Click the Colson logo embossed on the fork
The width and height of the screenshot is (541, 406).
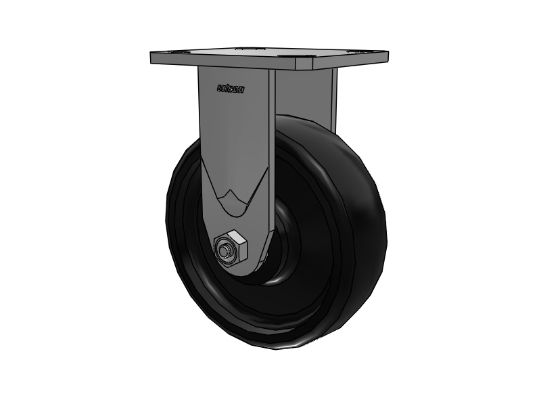pyautogui.click(x=230, y=88)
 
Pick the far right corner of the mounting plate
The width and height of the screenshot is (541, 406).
pyautogui.click(x=386, y=52)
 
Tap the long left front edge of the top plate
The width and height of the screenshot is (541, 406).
pyautogui.click(x=223, y=66)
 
